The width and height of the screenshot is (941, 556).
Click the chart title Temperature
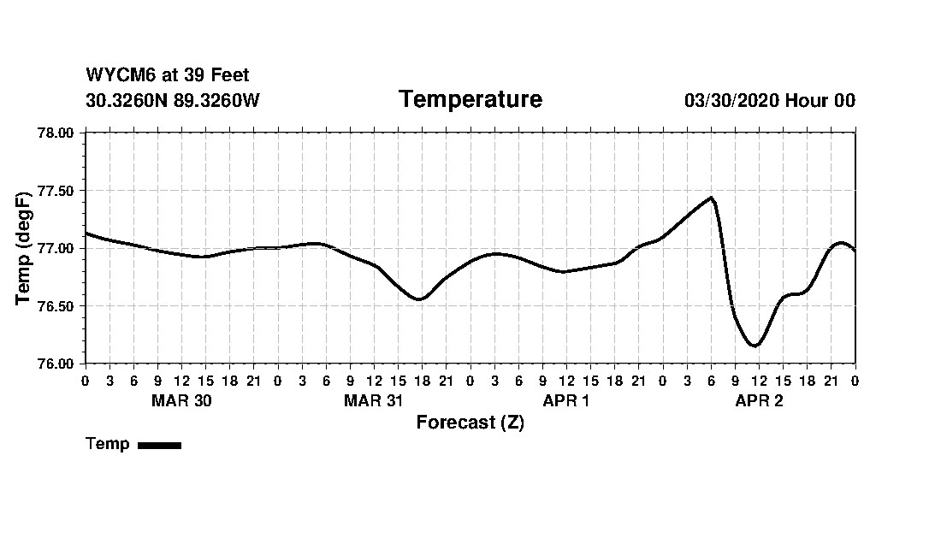[470, 100]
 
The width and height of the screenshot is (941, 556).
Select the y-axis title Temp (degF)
[24, 249]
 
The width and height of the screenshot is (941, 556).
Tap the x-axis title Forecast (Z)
[470, 423]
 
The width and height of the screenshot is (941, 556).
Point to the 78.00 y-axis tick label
[57, 133]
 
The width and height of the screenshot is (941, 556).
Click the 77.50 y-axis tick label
[57, 191]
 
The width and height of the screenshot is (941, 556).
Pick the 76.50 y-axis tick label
[57, 306]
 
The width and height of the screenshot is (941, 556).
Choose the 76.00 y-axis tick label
[57, 364]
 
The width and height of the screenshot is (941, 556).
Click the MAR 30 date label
[181, 401]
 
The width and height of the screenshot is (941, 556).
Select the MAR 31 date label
[374, 401]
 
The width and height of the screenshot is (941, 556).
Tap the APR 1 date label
[566, 401]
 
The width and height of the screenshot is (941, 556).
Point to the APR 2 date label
[759, 401]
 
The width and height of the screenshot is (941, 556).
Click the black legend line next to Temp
[159, 445]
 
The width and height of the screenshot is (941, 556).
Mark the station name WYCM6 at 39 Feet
[168, 75]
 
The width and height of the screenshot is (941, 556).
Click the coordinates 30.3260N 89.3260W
[173, 101]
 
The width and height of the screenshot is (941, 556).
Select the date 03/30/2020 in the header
[731, 101]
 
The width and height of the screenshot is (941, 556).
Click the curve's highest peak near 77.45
[711, 198]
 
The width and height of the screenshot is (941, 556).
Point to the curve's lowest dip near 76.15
[755, 346]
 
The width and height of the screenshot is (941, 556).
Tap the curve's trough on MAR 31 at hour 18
[418, 299]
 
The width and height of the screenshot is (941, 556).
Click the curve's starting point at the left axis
[86, 233]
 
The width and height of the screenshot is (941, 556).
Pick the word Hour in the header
[807, 101]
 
